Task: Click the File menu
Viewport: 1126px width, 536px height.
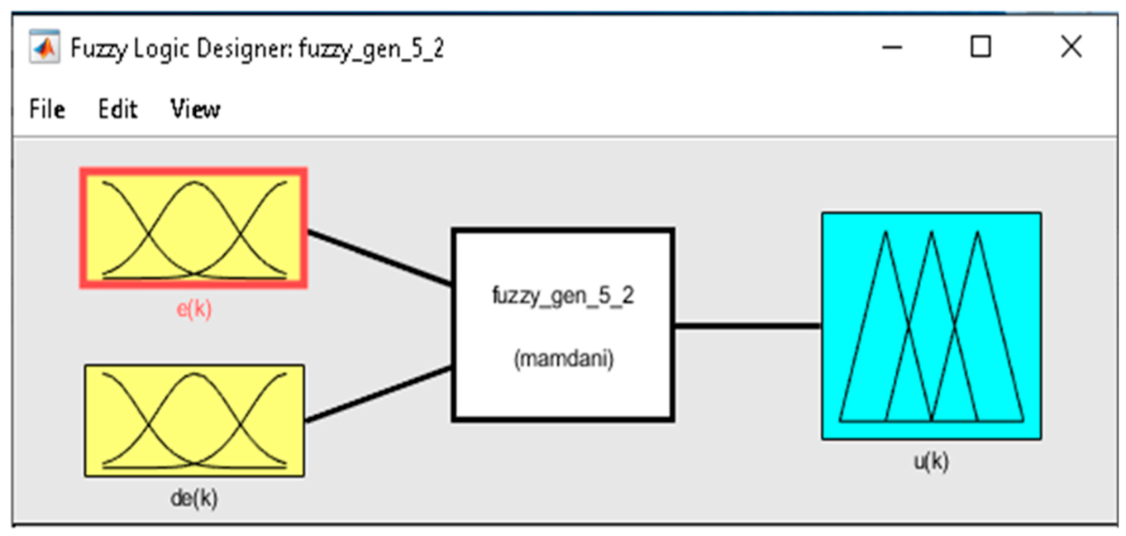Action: click(x=47, y=109)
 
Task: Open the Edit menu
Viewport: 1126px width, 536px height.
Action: click(x=117, y=109)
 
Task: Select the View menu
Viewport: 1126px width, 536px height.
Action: click(x=196, y=109)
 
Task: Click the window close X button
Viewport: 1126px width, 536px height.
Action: click(x=1071, y=47)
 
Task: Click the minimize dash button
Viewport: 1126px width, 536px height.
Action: click(x=892, y=48)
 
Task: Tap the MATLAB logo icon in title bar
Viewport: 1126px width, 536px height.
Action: click(x=45, y=47)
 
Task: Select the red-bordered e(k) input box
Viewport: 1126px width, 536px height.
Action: click(x=193, y=228)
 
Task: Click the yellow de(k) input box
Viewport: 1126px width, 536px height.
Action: click(x=194, y=420)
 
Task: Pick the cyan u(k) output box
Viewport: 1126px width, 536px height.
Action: click(x=932, y=327)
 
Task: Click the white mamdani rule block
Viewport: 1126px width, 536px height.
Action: click(x=563, y=325)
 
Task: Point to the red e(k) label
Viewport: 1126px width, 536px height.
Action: click(x=194, y=309)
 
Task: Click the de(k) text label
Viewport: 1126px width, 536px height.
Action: click(x=194, y=498)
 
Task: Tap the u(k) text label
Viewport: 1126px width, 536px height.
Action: click(x=931, y=461)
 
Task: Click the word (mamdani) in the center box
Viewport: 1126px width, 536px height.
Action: click(x=564, y=359)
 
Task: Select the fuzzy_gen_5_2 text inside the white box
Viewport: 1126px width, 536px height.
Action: click(x=563, y=295)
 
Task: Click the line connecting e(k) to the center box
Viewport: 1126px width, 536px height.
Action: click(x=379, y=258)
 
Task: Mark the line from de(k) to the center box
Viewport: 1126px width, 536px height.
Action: click(x=379, y=395)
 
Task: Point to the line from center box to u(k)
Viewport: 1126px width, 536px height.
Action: click(x=748, y=327)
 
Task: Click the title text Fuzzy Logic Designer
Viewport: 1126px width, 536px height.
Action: click(x=181, y=49)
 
